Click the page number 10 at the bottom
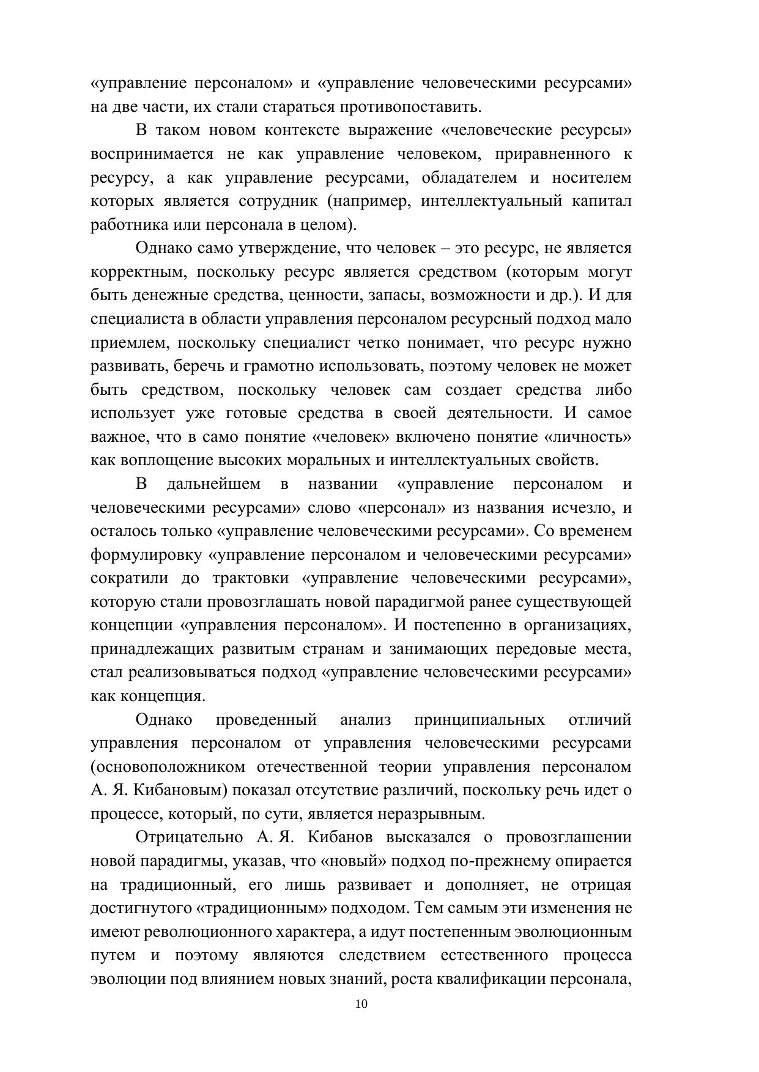tap(361, 1004)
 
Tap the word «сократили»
tap(129, 578)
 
